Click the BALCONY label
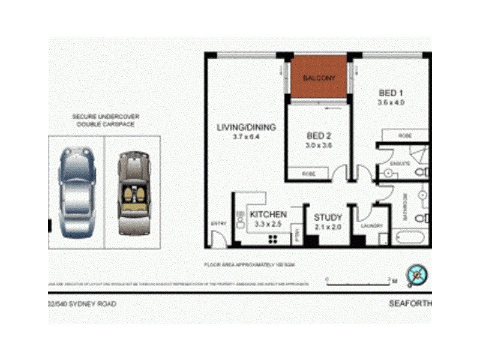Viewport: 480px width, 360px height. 319,79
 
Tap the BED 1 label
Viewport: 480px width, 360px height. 390,93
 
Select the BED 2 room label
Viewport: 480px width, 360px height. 319,135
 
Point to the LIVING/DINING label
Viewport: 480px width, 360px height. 246,127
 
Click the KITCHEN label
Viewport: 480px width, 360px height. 268,215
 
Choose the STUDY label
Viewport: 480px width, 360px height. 328,217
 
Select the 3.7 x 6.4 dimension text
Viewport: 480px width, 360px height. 245,137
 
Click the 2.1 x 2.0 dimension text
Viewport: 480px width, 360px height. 328,227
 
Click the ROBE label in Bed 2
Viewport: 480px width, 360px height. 308,174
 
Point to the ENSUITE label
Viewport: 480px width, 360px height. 400,163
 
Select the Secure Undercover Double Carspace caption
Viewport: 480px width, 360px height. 104,120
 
